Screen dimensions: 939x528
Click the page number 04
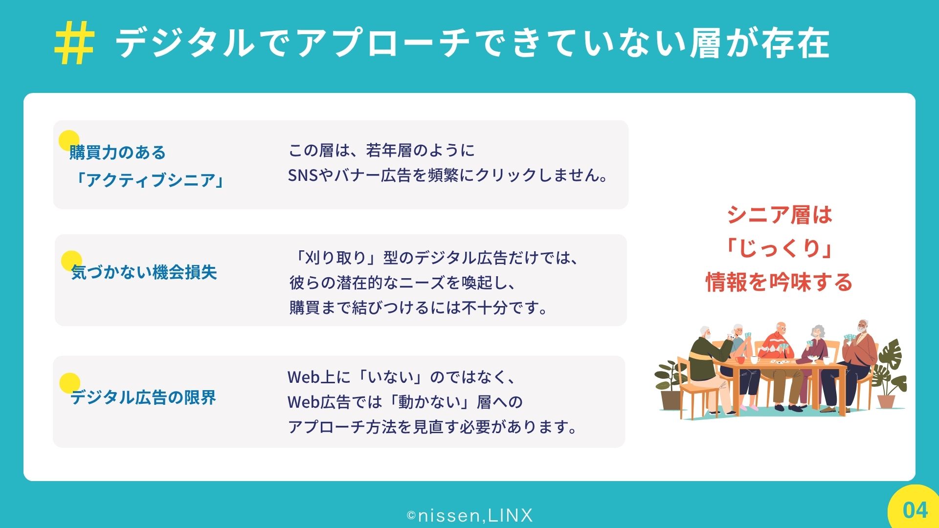pos(915,510)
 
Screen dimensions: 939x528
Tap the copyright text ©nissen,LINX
pos(469,515)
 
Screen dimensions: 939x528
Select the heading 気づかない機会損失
pos(144,272)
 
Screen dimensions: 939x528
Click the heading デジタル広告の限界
pos(143,397)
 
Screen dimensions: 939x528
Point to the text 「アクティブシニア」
pos(148,180)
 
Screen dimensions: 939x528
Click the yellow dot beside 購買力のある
pos(69,140)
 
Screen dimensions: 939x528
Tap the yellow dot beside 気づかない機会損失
pos(71,261)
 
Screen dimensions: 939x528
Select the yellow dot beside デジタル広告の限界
pos(69,383)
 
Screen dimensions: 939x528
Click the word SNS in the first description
pos(303,175)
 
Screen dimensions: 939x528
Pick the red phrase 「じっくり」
pos(779,248)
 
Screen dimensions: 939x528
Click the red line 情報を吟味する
pos(779,282)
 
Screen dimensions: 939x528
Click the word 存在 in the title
pos(796,43)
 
